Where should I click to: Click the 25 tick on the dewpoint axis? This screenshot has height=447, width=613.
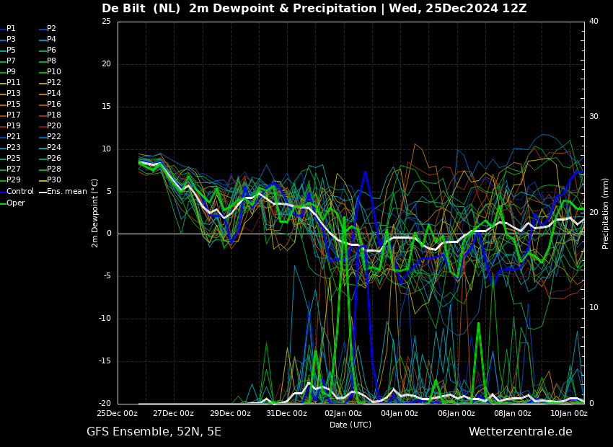106,21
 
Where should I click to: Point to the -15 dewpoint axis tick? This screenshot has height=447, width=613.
105,361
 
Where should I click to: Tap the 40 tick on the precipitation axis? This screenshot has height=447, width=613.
594,21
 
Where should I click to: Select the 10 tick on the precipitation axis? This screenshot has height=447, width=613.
594,308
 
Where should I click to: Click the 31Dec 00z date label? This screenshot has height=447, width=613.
286,413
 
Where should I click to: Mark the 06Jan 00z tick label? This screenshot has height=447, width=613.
457,413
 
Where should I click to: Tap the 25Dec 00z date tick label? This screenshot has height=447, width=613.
118,413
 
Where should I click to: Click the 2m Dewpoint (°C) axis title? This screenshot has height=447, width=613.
95,213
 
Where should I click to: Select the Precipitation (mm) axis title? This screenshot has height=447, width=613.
606,213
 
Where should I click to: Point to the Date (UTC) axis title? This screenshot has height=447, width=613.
350,425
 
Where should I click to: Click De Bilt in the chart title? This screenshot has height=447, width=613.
123,8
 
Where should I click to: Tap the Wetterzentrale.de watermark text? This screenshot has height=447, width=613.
521,432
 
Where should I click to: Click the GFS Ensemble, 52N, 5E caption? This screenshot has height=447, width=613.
154,432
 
